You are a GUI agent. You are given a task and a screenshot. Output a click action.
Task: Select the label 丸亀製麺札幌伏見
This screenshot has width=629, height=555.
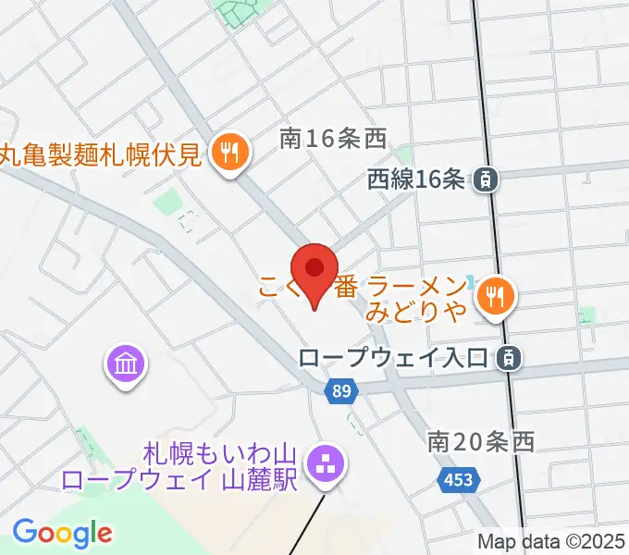(100, 154)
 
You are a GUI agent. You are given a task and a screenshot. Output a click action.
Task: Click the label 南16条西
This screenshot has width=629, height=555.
(332, 139)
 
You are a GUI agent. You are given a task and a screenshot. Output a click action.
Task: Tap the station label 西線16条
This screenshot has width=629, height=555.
(415, 179)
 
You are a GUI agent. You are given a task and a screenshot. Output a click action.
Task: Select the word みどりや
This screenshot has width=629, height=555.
(416, 313)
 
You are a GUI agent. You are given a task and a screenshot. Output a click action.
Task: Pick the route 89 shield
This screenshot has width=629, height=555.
(341, 392)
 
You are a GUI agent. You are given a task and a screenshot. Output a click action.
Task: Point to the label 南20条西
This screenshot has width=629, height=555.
(481, 441)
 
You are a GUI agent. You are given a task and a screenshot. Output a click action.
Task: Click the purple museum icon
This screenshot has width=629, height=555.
(125, 364)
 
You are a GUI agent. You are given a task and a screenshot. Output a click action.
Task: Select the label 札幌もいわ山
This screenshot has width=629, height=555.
(218, 454)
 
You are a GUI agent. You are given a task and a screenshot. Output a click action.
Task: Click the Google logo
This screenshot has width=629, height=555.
(62, 532)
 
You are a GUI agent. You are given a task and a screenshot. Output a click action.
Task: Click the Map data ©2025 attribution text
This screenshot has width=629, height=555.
(549, 542)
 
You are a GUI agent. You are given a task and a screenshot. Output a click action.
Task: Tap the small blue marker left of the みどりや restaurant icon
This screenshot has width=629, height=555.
(471, 282)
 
